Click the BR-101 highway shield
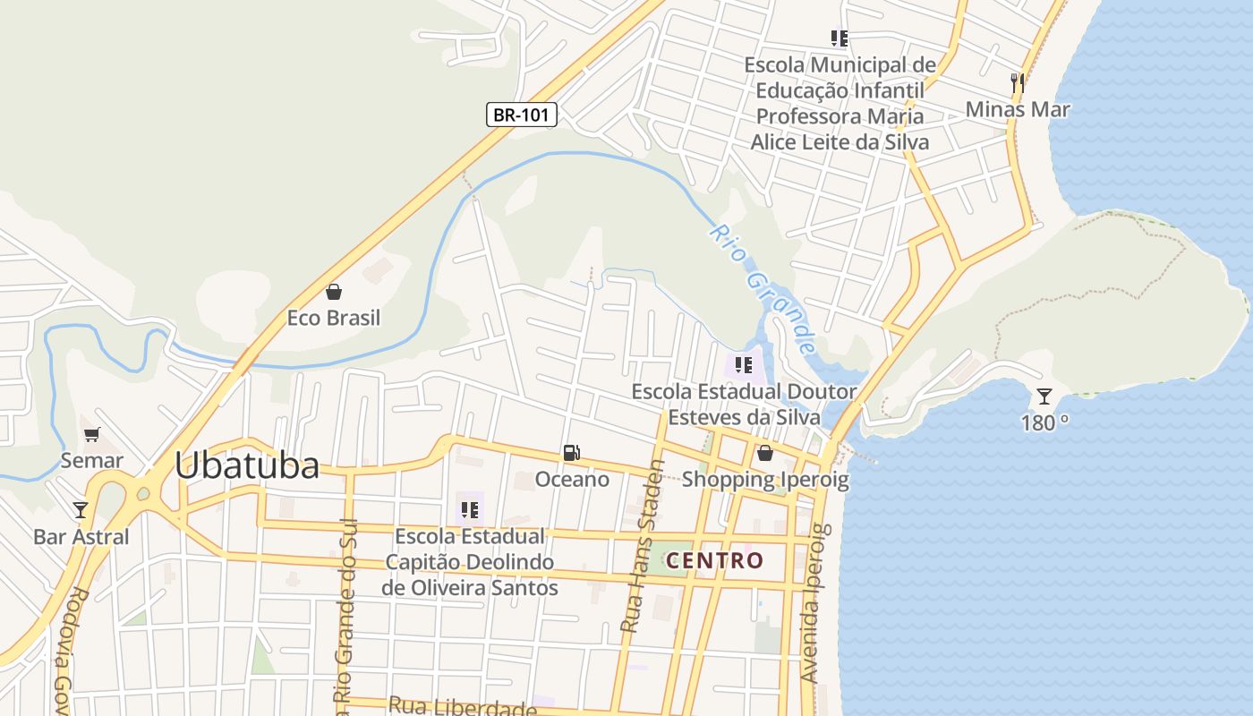click(x=522, y=115)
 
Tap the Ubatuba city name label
click(x=246, y=465)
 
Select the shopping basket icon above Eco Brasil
click(x=334, y=292)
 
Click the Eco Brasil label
click(x=334, y=318)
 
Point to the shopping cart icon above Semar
click(x=91, y=435)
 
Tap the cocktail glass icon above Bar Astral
click(x=81, y=510)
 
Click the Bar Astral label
click(x=81, y=537)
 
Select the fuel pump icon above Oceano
click(x=571, y=453)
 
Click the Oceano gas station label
click(x=572, y=480)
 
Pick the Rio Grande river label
click(x=763, y=288)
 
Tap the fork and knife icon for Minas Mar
click(x=1017, y=83)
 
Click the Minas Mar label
click(x=1018, y=109)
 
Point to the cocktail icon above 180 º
click(x=1044, y=396)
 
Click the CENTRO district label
click(x=716, y=561)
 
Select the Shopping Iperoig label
click(x=765, y=479)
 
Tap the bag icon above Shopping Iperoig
click(x=765, y=453)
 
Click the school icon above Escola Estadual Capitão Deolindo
click(x=469, y=511)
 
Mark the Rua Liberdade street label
click(x=463, y=707)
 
